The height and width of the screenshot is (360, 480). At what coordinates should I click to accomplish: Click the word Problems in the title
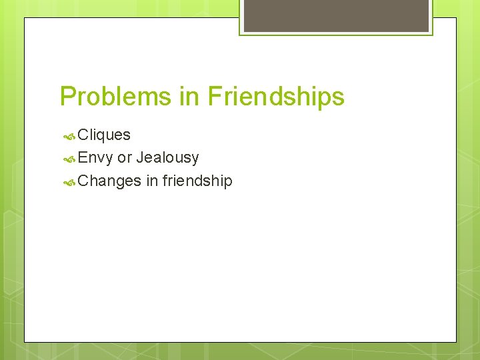pyautogui.click(x=115, y=97)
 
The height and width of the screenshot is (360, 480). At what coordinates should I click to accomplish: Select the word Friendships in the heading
pyautogui.click(x=275, y=97)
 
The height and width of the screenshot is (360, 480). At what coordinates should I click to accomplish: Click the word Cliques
pyautogui.click(x=104, y=135)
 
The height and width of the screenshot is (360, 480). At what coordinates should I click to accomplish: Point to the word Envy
pyautogui.click(x=95, y=157)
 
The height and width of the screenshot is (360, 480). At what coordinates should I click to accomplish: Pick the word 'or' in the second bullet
pyautogui.click(x=124, y=158)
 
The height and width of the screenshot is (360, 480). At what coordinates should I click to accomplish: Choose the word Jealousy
pyautogui.click(x=167, y=158)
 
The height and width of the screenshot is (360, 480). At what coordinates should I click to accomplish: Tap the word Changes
pyautogui.click(x=109, y=181)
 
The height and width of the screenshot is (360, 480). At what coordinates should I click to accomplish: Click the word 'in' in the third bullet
pyautogui.click(x=151, y=180)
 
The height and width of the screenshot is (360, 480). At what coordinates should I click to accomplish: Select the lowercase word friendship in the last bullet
pyautogui.click(x=197, y=181)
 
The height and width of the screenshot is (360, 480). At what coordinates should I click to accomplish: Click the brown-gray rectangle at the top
pyautogui.click(x=336, y=15)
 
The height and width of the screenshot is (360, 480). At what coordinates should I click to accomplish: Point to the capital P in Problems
pyautogui.click(x=67, y=97)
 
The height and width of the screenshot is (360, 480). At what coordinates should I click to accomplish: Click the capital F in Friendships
pyautogui.click(x=214, y=97)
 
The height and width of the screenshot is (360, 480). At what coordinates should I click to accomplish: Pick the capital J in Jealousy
pyautogui.click(x=140, y=157)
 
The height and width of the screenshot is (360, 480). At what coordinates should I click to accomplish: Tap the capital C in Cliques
pyautogui.click(x=83, y=135)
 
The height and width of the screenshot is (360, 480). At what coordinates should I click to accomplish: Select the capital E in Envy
pyautogui.click(x=83, y=157)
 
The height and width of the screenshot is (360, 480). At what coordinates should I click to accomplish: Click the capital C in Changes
pyautogui.click(x=83, y=181)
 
